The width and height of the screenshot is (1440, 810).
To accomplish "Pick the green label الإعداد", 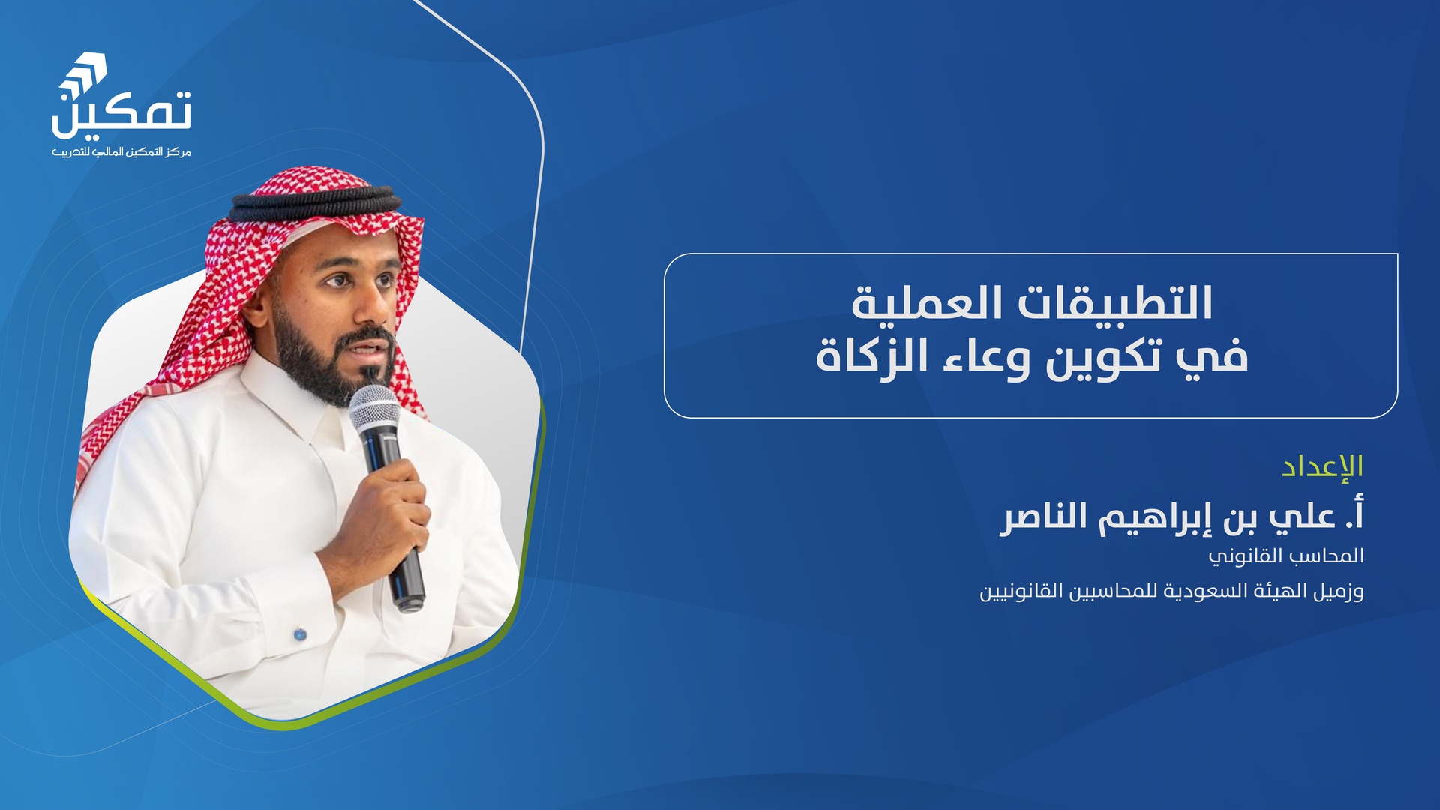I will (1322, 466).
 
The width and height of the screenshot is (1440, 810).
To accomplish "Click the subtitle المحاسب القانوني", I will (1285, 556).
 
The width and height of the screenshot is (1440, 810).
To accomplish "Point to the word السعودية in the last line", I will (1204, 591).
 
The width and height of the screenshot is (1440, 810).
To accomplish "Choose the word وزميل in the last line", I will (1337, 592).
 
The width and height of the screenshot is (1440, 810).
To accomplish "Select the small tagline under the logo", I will (121, 152).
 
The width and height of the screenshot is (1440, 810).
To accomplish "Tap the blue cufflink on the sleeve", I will (300, 634).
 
